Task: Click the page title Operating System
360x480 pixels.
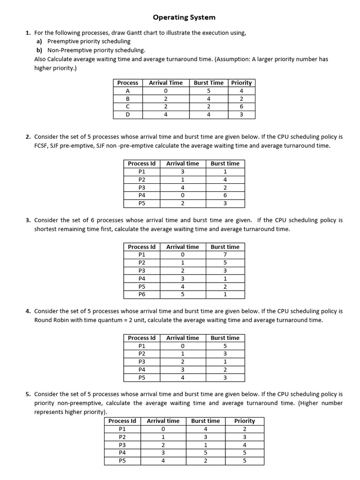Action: point(184,17)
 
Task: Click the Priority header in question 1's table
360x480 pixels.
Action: point(241,82)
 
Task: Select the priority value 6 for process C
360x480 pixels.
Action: point(241,106)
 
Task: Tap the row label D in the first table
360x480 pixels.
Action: point(127,114)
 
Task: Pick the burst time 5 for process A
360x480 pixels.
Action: point(209,90)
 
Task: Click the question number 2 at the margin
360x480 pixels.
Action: point(28,137)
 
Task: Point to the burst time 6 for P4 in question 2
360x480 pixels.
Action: point(225,195)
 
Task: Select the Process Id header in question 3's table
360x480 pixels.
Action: point(142,247)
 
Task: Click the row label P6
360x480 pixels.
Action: point(142,294)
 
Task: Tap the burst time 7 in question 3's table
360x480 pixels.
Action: point(225,255)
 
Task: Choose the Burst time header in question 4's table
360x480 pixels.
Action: point(225,337)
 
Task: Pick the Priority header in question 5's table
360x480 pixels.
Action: point(244,420)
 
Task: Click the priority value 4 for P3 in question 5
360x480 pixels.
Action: point(244,445)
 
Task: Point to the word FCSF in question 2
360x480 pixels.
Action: point(42,145)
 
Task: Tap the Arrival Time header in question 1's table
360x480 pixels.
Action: point(165,82)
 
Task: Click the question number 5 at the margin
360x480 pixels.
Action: point(28,394)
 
